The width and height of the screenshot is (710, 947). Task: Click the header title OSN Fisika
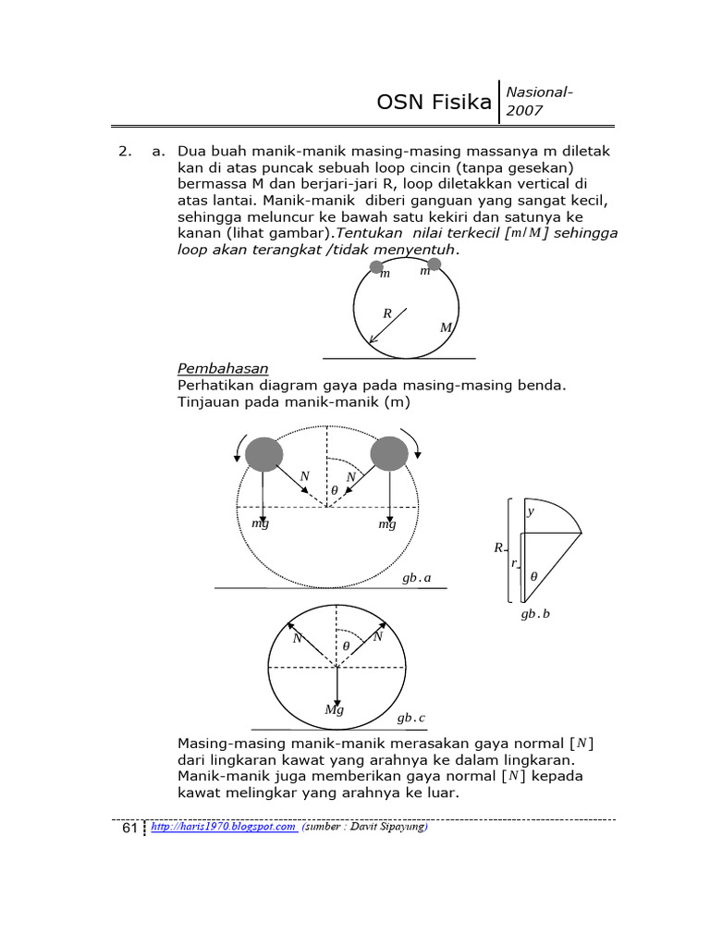coord(434,102)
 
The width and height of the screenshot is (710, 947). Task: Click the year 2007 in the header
coord(524,111)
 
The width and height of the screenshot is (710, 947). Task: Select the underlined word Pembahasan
coord(222,369)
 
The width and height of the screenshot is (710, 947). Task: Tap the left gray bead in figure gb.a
coord(263,453)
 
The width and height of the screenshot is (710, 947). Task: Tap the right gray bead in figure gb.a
coord(388,453)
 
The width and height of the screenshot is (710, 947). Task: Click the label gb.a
coord(416,578)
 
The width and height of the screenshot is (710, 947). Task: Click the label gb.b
coord(534,613)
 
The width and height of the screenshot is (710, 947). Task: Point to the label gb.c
coord(411,718)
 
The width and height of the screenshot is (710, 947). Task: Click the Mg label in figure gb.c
coord(334,709)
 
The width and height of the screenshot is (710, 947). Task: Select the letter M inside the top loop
coord(446,328)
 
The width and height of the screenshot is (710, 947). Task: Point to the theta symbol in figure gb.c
coord(346,646)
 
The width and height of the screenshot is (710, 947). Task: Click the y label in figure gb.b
coord(530,511)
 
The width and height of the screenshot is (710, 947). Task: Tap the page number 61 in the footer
coord(130,830)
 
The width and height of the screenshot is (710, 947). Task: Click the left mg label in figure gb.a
coord(260,524)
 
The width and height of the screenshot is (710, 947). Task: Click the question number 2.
coord(123,151)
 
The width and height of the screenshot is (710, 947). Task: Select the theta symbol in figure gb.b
coord(533,576)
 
